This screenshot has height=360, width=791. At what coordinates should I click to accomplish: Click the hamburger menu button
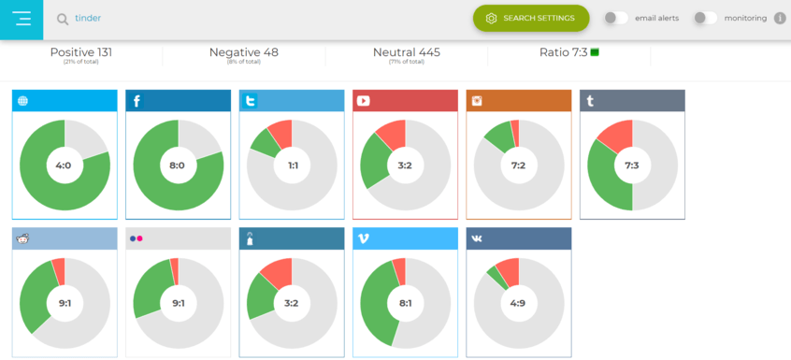(22, 19)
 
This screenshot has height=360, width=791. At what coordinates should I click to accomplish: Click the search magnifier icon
(63, 19)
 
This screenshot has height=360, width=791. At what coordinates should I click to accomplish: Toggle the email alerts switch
(615, 18)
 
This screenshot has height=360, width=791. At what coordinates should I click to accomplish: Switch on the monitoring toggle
(705, 18)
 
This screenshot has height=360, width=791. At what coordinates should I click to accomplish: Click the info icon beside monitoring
(780, 18)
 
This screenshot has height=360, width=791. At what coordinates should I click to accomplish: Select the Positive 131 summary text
(81, 52)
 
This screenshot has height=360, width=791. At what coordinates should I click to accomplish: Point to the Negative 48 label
(243, 52)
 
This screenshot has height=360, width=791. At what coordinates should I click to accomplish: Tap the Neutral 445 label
(406, 52)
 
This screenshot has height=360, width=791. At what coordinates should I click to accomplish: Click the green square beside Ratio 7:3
(595, 52)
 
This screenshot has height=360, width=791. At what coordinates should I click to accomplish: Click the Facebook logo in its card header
(137, 101)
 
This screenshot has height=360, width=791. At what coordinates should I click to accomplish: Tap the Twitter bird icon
(250, 101)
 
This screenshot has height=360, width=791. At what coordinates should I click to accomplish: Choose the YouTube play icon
(363, 101)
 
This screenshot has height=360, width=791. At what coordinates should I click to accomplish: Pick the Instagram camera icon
(477, 101)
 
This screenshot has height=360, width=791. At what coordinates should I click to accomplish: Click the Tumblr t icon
(590, 101)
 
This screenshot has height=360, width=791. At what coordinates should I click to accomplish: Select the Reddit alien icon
(23, 238)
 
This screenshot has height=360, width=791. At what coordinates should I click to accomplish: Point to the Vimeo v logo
(363, 238)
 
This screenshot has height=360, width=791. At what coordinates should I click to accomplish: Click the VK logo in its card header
(477, 238)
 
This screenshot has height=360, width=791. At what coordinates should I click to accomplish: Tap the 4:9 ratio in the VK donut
(518, 303)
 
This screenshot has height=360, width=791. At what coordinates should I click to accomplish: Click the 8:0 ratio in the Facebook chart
(178, 166)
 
